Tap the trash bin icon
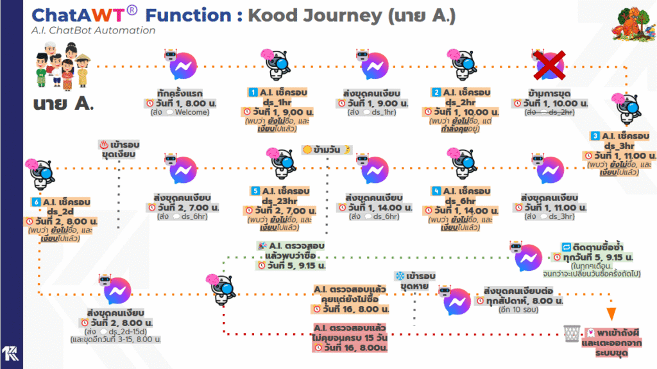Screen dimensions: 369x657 coord(571,333)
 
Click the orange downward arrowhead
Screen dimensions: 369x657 coord(611,314)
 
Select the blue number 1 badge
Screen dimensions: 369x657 coord(253,92)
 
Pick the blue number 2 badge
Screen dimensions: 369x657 coord(437,92)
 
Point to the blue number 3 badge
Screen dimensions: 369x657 coord(595,135)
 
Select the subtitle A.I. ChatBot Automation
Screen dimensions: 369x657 coord(93,30)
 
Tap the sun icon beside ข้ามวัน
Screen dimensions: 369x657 coord(307,149)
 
